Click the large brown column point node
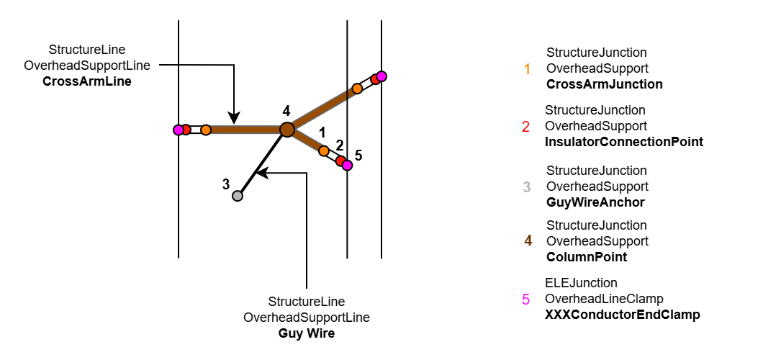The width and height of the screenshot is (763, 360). pos(286,130)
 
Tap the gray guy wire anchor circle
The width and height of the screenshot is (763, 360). pos(237,195)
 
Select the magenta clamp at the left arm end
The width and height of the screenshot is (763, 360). pos(178,130)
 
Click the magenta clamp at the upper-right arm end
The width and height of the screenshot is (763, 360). pos(381,76)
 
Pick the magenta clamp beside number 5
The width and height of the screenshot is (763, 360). pos(347,165)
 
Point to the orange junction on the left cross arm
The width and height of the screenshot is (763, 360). pos(206,130)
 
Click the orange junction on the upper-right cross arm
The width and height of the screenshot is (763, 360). pos(357,89)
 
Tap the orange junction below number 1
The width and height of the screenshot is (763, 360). pos(324,150)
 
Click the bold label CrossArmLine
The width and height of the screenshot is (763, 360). pos(87,81)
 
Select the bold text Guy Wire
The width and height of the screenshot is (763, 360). pos(307,333)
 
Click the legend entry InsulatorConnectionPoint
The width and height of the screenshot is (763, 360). pos(624,142)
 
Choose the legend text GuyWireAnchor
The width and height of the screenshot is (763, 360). pos(595,202)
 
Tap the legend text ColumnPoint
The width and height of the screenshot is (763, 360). pos(587,257)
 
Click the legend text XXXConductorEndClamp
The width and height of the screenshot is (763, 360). pos(623,315)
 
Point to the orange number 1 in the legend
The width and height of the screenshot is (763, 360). pos(527,69)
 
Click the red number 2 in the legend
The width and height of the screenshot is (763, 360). pos(525,127)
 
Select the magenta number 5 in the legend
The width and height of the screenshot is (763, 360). pos(525,299)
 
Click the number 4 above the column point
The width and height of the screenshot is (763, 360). pos(286,111)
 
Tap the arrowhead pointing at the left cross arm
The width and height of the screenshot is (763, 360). pos(234,118)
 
